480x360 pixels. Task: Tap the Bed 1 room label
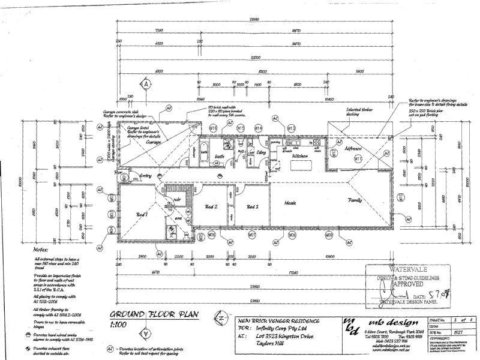pyautogui.click(x=142, y=214)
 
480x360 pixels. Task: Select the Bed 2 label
pyautogui.click(x=212, y=207)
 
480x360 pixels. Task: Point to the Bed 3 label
pyautogui.click(x=253, y=207)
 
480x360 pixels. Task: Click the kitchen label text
pyautogui.click(x=300, y=155)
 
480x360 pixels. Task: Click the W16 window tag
pyautogui.click(x=213, y=128)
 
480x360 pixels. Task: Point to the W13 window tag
pyautogui.click(x=292, y=128)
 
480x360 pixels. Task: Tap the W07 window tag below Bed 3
pyautogui.click(x=253, y=236)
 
